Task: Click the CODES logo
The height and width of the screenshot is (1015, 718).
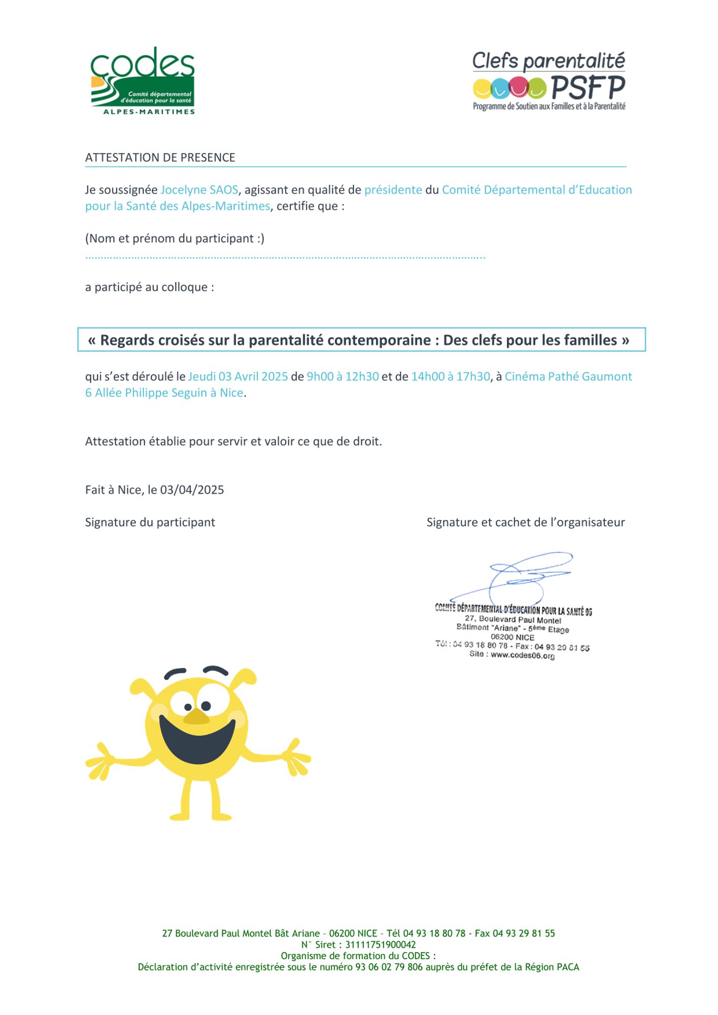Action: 143,81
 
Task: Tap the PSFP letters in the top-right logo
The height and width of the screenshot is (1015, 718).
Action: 588,88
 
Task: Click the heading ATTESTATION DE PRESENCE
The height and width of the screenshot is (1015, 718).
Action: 160,158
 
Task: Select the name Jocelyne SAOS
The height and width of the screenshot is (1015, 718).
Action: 199,190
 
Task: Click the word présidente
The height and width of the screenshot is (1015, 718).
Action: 393,190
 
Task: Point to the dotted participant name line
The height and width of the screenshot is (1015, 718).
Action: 285,258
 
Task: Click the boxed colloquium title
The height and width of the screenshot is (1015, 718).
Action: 361,340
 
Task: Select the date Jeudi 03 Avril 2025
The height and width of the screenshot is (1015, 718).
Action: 237,377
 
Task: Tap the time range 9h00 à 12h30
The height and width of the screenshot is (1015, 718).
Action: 343,377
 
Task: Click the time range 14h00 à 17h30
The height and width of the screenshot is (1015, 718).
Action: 450,377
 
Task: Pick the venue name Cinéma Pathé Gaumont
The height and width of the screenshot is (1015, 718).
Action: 568,377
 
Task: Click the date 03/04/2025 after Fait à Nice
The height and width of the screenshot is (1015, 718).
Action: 192,490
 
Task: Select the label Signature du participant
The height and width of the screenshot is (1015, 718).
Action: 150,522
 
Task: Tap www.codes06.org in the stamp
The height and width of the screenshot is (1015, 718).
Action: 522,655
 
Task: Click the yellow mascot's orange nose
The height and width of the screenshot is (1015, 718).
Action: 196,717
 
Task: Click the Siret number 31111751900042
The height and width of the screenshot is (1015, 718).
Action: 380,944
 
